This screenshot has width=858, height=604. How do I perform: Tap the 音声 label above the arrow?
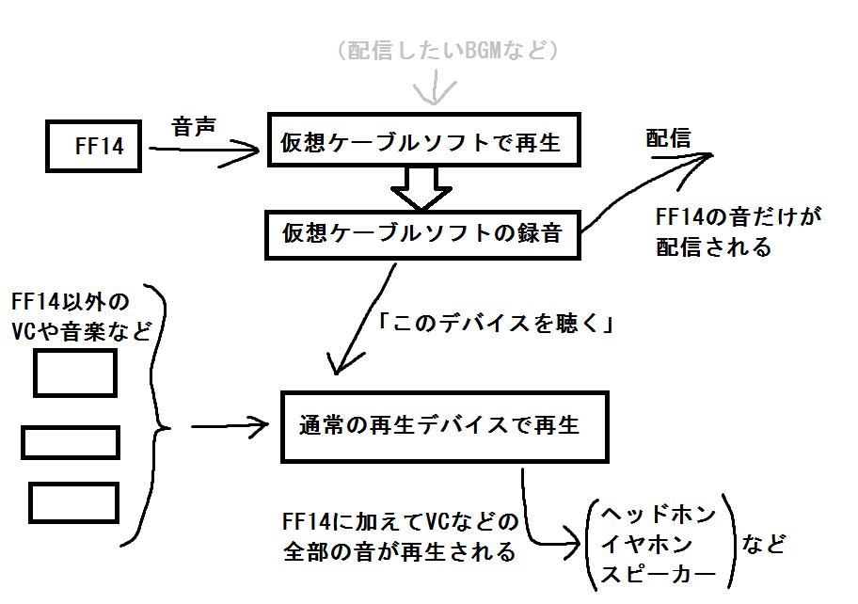point(194,127)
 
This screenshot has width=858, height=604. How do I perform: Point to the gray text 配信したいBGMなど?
point(448,51)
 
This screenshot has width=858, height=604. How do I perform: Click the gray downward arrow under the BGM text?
point(435,87)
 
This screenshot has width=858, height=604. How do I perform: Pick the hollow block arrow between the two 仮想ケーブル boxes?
point(421,188)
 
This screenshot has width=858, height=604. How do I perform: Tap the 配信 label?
point(668,138)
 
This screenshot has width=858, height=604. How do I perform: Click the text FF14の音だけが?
point(739,217)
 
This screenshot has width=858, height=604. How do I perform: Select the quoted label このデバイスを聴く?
point(496,324)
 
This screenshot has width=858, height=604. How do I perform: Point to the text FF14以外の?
point(70,301)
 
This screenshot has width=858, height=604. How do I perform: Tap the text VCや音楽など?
point(81,331)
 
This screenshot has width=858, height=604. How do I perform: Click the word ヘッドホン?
point(659,514)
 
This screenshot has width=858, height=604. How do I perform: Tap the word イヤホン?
point(646,545)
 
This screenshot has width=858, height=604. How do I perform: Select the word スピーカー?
point(659,574)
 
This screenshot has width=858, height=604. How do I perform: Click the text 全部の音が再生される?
point(400,551)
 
